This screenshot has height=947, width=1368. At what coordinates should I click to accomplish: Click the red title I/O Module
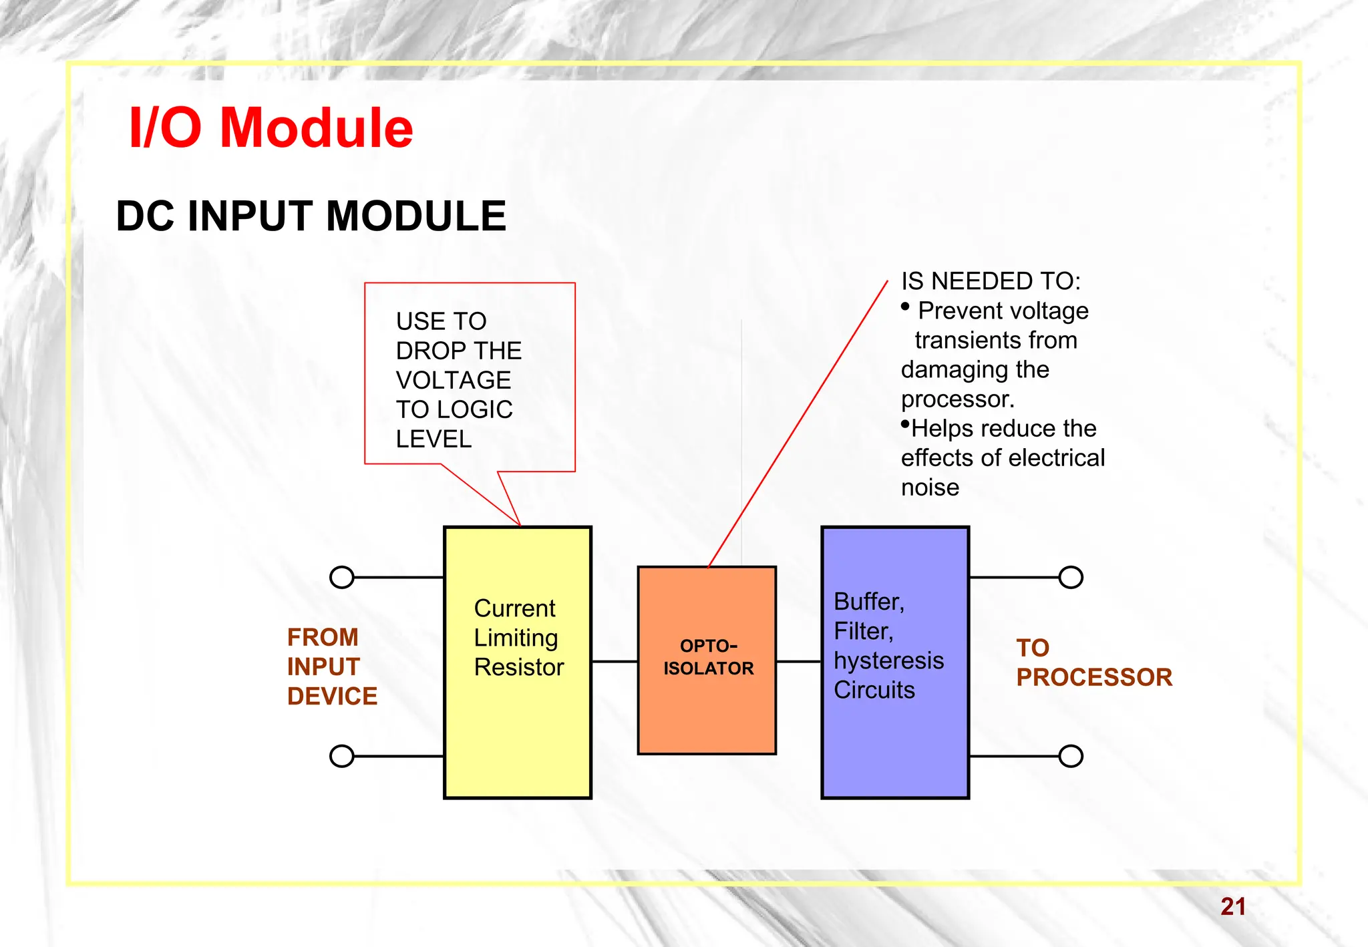click(271, 128)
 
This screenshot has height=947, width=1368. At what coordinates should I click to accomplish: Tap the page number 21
click(1232, 906)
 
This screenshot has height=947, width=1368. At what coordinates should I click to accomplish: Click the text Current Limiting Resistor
click(518, 638)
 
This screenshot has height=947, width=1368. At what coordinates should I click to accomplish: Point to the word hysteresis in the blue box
click(888, 660)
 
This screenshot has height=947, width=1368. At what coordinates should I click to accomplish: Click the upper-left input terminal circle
click(342, 577)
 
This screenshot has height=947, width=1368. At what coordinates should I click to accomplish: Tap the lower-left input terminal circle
click(342, 756)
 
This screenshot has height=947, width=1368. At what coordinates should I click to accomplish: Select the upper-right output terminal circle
click(1071, 577)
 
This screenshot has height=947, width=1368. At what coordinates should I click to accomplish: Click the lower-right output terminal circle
click(1071, 756)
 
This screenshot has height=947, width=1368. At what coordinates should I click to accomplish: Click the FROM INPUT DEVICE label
click(331, 667)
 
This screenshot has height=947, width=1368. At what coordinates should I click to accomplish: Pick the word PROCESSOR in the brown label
click(1093, 677)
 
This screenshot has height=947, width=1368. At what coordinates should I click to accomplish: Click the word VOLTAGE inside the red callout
click(453, 380)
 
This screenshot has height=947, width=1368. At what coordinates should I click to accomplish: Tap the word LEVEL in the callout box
click(434, 439)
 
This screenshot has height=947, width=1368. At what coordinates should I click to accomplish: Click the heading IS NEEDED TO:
click(990, 281)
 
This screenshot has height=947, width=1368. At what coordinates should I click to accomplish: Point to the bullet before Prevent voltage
click(906, 307)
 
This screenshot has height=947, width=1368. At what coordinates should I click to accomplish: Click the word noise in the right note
click(930, 488)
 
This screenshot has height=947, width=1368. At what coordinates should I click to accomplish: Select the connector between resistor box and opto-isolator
click(615, 662)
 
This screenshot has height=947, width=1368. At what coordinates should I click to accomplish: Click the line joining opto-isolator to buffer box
click(798, 662)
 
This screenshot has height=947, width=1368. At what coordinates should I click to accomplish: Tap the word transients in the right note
click(995, 340)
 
